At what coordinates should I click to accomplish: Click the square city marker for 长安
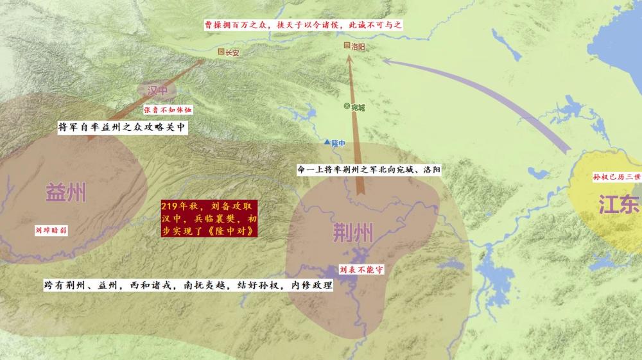coord(221,52)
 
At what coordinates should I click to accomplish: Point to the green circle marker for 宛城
coord(347,107)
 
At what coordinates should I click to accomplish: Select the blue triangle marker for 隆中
coord(327,142)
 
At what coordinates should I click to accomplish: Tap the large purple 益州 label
coord(66,191)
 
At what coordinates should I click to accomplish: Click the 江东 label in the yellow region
coord(619,204)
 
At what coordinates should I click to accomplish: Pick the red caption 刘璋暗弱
coord(51,230)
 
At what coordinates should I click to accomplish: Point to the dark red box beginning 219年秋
coord(209,219)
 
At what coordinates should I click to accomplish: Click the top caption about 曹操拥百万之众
coord(302,24)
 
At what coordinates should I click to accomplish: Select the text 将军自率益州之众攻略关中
coord(122,127)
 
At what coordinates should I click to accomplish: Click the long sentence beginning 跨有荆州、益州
coord(188,285)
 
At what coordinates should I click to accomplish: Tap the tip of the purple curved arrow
coord(384,61)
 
